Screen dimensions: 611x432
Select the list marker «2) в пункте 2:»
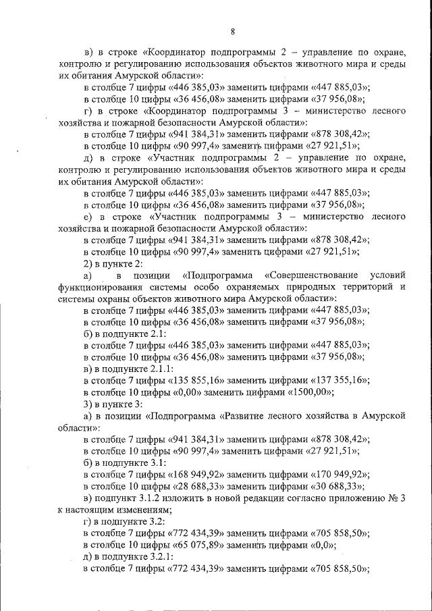(113, 263)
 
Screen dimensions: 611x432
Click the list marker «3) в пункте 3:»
(113, 404)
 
